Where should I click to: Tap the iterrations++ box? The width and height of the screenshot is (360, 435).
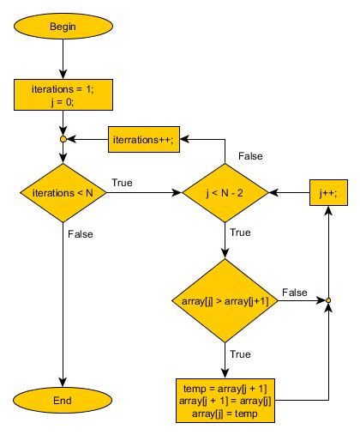click(x=143, y=140)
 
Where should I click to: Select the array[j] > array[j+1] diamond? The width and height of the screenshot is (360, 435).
click(x=225, y=300)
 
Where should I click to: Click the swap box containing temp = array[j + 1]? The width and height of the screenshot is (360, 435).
click(x=225, y=400)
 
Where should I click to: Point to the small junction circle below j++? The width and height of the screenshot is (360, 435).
click(x=327, y=300)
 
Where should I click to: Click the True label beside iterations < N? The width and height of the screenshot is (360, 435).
click(x=122, y=184)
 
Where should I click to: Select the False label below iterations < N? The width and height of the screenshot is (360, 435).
click(x=80, y=233)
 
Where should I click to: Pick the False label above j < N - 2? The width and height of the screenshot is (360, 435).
click(x=250, y=156)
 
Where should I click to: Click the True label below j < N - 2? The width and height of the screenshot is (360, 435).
click(x=241, y=233)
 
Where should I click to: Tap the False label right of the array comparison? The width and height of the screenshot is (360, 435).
click(x=295, y=292)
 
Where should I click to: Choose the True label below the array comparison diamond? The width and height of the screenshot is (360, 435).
click(x=241, y=353)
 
